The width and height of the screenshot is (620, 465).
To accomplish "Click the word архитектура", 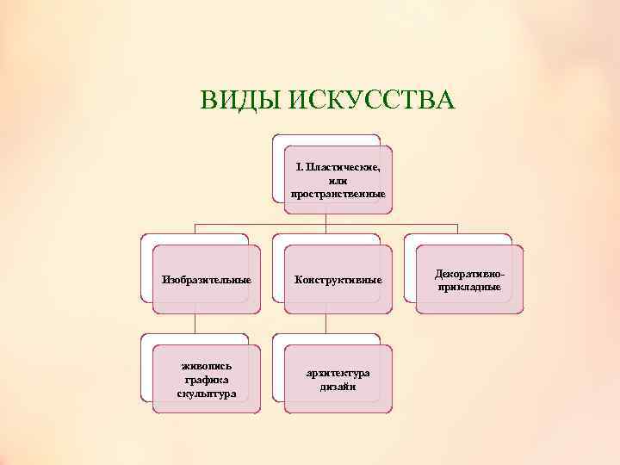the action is click(x=338, y=373).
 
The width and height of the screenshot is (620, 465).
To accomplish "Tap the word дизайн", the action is click(x=338, y=387).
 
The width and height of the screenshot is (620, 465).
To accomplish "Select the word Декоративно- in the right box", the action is click(x=469, y=272).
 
